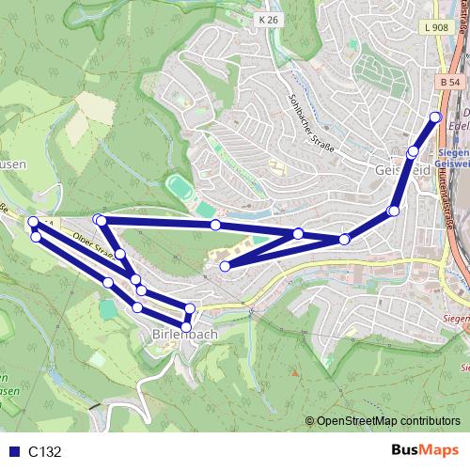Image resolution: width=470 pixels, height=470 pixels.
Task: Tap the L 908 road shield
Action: [436, 29]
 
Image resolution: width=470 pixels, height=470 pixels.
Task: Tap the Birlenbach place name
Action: [184, 334]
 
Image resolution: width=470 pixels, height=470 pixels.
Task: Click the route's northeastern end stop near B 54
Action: [435, 117]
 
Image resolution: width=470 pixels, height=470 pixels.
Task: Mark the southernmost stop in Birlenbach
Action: [186, 327]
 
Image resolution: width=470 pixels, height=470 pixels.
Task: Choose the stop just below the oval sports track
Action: [215, 225]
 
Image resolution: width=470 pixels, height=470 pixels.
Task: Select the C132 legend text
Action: [44, 451]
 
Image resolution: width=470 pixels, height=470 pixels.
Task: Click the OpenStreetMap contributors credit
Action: [387, 422]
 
